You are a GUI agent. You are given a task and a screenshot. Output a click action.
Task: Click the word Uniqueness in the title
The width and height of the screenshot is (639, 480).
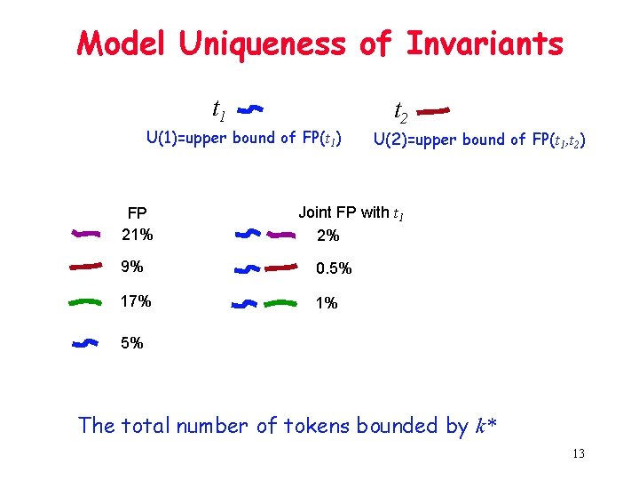click(264, 44)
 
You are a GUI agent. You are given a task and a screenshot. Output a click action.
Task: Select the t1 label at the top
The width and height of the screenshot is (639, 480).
click(218, 110)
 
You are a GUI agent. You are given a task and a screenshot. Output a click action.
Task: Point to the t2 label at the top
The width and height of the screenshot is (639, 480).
click(401, 112)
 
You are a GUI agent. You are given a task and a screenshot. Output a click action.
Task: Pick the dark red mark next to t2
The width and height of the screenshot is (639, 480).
click(434, 111)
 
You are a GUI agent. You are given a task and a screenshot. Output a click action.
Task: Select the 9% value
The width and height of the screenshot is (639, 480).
click(132, 266)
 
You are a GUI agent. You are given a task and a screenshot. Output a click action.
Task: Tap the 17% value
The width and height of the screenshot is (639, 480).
click(137, 301)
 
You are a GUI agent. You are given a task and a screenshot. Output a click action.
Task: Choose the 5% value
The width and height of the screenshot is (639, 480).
click(132, 342)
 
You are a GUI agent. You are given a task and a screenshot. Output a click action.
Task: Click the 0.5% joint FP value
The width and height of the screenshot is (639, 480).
click(334, 268)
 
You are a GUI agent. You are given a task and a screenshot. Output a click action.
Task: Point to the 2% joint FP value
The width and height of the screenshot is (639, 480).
click(327, 236)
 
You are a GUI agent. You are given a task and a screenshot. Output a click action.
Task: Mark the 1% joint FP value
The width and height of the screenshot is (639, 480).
click(327, 303)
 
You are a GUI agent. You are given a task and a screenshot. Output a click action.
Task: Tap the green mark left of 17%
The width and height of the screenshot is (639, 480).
click(86, 302)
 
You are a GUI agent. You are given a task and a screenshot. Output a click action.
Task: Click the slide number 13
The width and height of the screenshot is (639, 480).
click(578, 455)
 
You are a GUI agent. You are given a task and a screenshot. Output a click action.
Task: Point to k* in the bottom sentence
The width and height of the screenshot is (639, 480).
click(486, 426)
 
